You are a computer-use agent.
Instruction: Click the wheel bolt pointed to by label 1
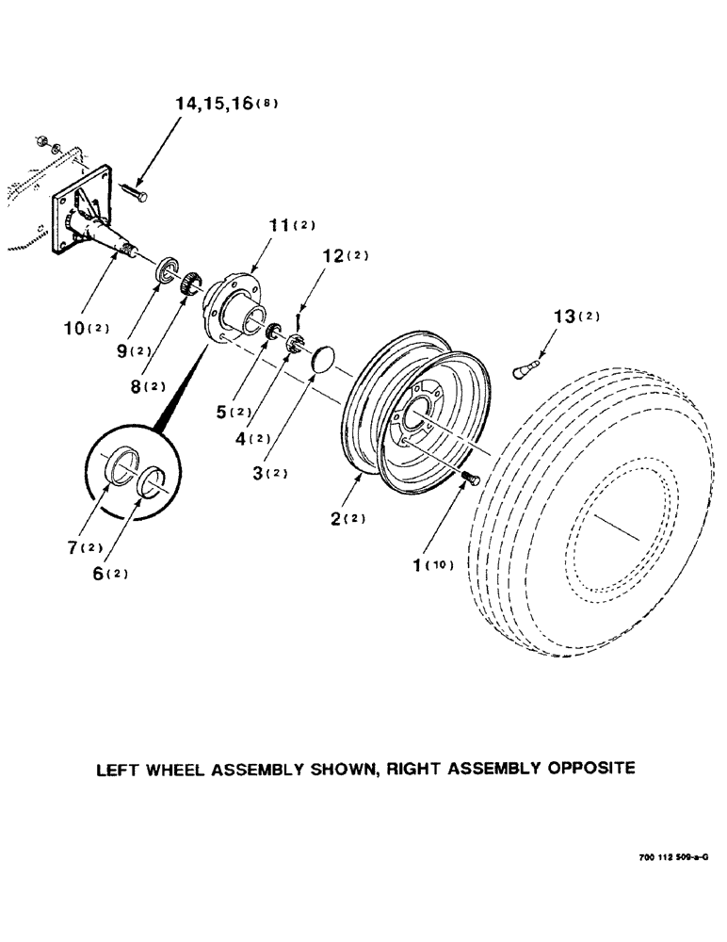(471, 479)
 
